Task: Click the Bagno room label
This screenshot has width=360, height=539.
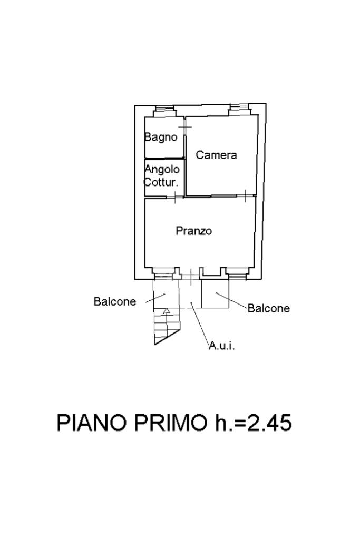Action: click(161, 137)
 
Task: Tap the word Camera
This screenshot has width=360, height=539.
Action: click(216, 155)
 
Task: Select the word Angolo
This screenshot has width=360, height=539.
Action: click(162, 170)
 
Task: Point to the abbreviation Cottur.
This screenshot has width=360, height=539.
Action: click(161, 183)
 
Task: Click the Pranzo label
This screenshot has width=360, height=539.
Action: click(193, 231)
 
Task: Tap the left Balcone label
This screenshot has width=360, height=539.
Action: click(115, 301)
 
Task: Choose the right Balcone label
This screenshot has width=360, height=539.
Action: click(269, 308)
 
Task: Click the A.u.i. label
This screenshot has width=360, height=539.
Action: click(221, 346)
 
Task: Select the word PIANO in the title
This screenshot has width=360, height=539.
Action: click(92, 423)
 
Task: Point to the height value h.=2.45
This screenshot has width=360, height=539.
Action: click(253, 423)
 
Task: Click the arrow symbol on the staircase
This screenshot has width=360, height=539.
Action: click(167, 311)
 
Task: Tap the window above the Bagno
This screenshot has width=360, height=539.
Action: click(164, 112)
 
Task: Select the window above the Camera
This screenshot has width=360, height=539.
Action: click(240, 111)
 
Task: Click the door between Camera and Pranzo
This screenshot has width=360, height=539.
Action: click(246, 195)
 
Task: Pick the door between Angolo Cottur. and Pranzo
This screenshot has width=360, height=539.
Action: click(174, 197)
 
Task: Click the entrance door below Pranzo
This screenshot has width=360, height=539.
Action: click(190, 274)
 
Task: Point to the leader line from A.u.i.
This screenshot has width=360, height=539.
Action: click(200, 324)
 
